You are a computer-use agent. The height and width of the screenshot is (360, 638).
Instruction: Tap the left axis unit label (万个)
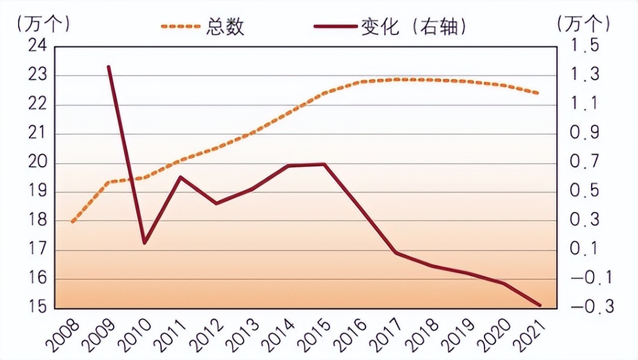44,24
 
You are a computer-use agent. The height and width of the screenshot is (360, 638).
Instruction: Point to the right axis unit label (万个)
583,24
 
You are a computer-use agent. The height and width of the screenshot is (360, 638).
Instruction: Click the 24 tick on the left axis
39,47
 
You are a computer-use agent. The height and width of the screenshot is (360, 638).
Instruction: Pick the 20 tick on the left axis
39,163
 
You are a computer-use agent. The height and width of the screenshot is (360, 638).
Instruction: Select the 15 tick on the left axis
39,308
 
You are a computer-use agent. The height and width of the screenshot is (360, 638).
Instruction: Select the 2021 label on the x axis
531,334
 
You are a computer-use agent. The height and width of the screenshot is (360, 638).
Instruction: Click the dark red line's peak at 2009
108,67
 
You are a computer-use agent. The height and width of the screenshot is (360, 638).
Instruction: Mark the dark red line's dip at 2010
144,243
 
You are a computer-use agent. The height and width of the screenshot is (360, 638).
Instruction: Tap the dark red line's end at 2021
540,305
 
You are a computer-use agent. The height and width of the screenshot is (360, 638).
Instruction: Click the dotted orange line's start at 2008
73,222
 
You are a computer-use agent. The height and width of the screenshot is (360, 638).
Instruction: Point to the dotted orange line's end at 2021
539,93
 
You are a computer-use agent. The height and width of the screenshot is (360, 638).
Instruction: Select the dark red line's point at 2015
324,164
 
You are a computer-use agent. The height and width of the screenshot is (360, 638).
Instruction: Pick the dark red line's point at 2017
396,253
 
